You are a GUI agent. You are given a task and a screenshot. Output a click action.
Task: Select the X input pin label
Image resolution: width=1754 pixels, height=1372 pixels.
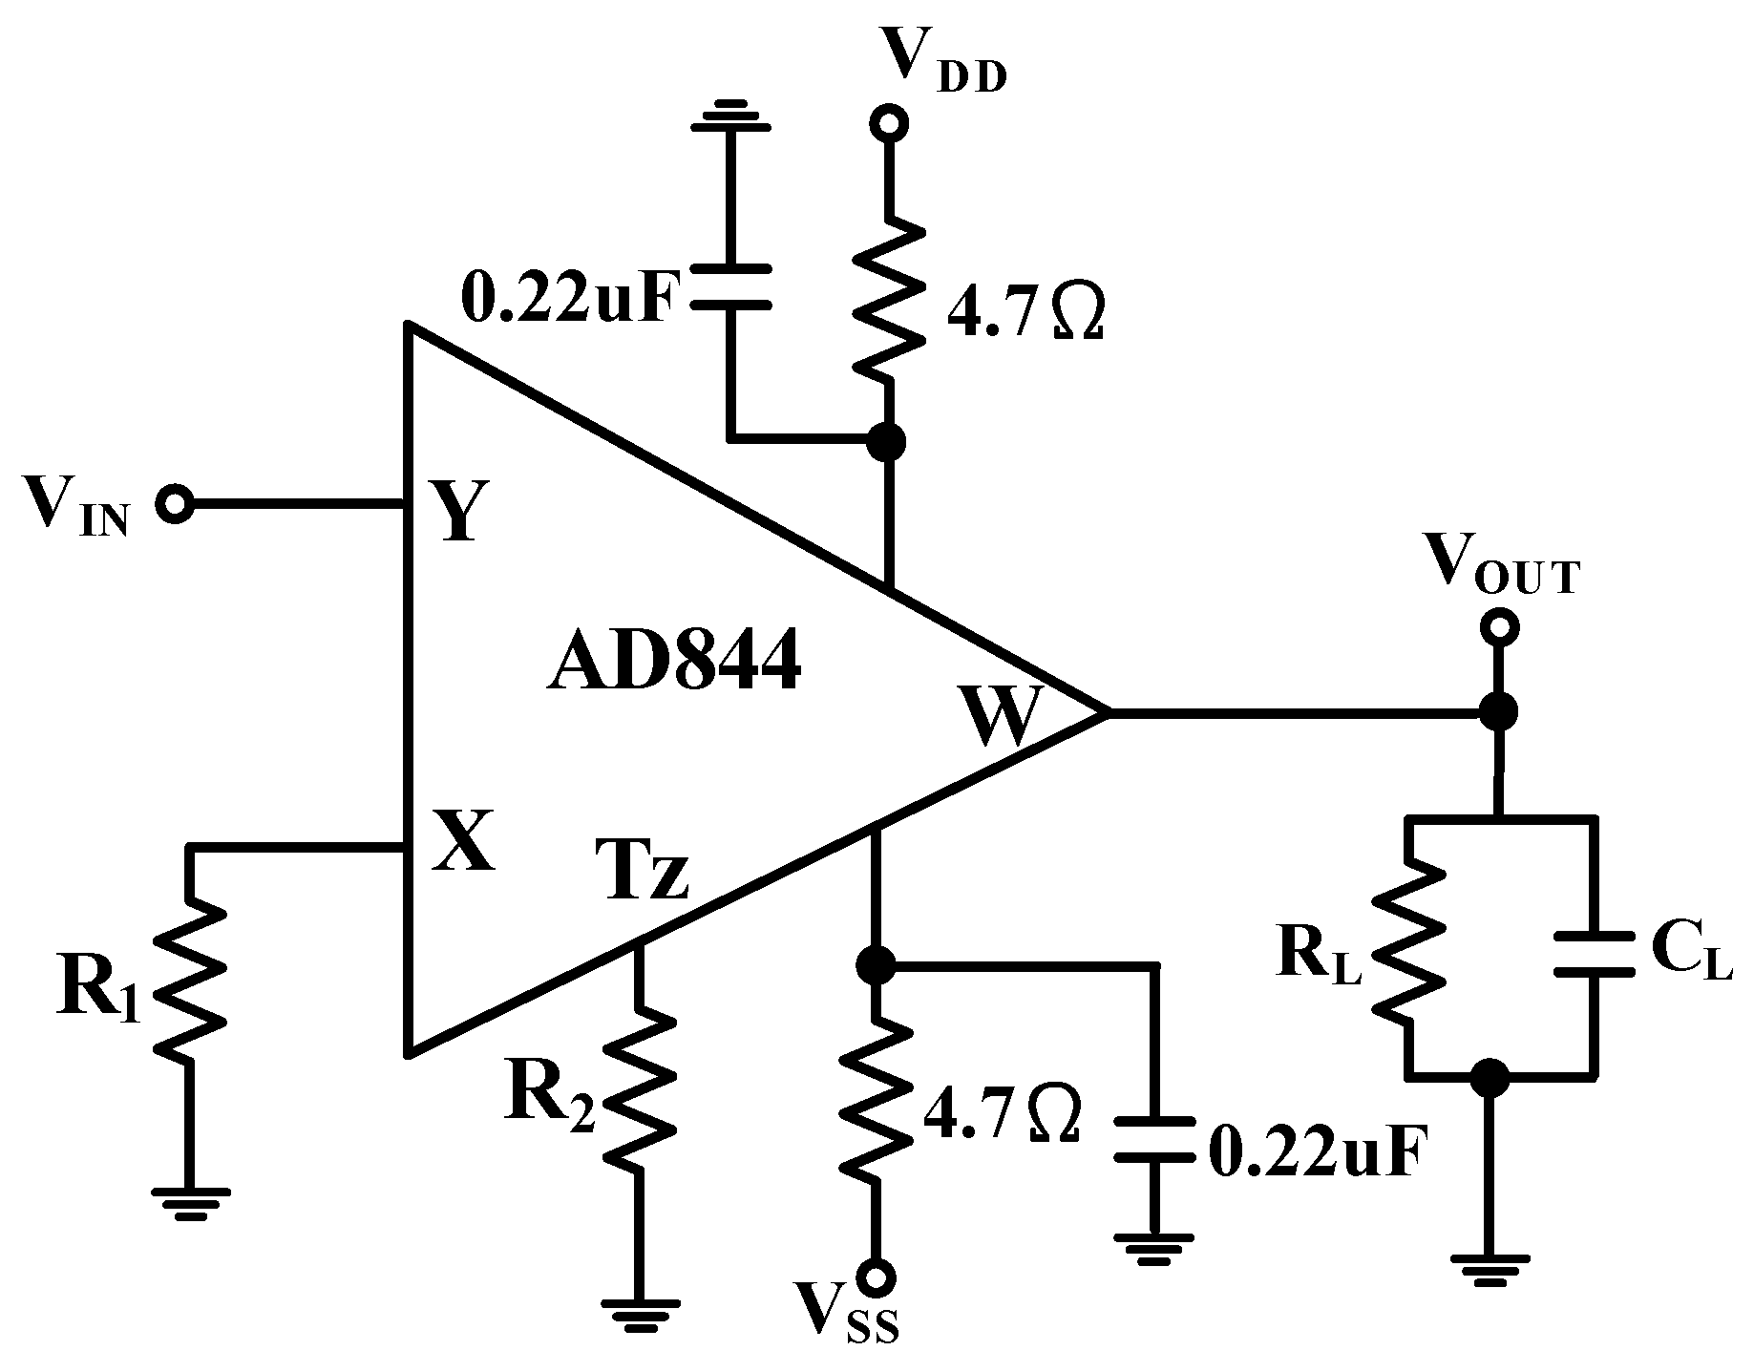[x=464, y=840]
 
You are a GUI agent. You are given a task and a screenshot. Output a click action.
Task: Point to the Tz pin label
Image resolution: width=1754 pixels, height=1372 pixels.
[x=643, y=870]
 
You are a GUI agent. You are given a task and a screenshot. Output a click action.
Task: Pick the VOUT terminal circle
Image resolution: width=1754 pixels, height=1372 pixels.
[x=1497, y=626]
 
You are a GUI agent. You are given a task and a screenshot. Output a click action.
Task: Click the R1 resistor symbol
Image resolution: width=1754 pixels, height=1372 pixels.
[x=190, y=983]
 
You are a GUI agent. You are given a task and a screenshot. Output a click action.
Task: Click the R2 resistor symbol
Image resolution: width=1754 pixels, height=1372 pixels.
[x=639, y=1088]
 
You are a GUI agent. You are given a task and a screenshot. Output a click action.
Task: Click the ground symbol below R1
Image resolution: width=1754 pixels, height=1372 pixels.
[x=190, y=1201]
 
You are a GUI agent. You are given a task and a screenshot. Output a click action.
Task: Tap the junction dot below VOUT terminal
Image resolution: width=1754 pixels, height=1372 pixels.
[x=1497, y=711]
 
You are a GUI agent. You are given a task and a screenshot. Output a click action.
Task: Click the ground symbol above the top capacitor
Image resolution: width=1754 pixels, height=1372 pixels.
[x=730, y=115]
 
